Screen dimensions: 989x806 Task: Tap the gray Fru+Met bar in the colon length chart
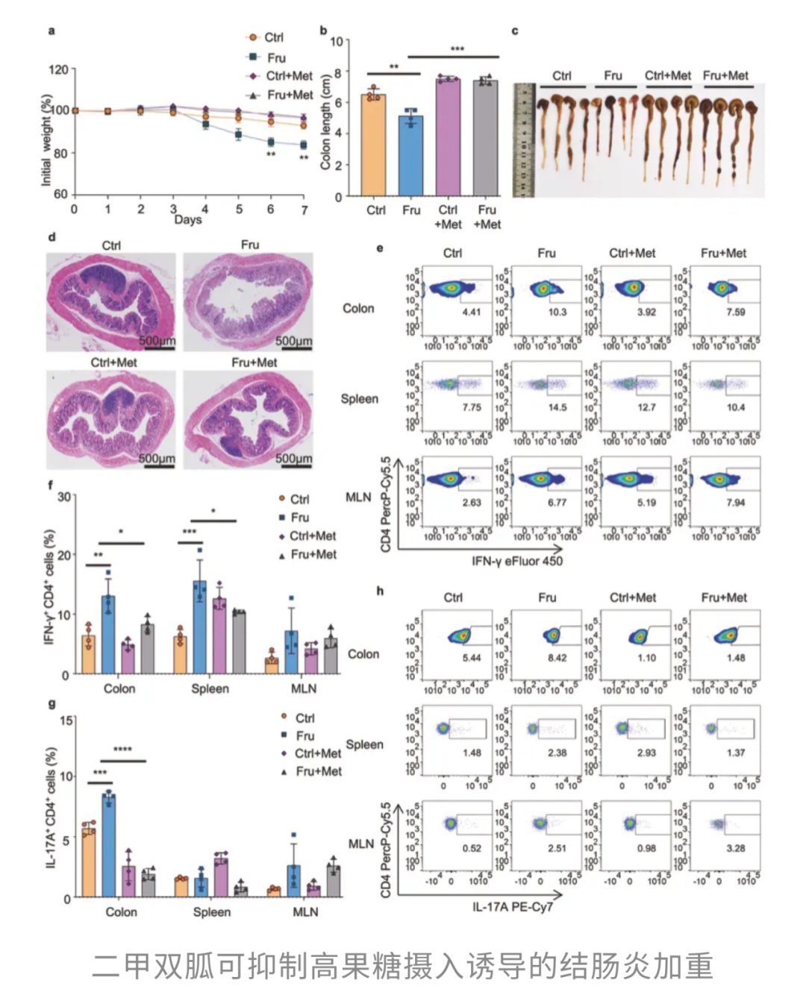click(x=487, y=138)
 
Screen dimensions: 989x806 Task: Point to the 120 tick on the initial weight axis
click(x=58, y=70)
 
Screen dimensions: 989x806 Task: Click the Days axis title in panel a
click(x=188, y=220)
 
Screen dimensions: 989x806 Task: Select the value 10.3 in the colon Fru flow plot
click(x=557, y=312)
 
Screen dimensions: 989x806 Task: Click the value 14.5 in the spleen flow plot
click(x=557, y=407)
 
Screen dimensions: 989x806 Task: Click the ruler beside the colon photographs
click(x=524, y=139)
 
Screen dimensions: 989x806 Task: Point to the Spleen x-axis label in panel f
click(x=210, y=688)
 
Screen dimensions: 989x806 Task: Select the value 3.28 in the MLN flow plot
click(x=736, y=848)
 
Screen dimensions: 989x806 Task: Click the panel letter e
click(x=380, y=248)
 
